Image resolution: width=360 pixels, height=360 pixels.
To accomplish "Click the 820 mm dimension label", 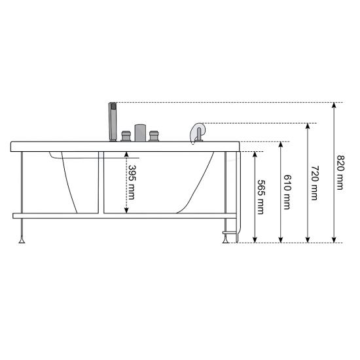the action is pyautogui.click(x=340, y=172).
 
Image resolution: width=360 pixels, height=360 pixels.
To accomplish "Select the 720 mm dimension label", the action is pyautogui.click(x=315, y=183).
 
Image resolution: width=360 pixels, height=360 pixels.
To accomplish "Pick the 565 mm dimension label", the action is pyautogui.click(x=261, y=197).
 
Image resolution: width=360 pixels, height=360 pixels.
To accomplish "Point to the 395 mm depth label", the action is pyautogui.click(x=132, y=183).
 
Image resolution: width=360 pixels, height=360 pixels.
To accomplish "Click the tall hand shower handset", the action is pyautogui.click(x=113, y=122).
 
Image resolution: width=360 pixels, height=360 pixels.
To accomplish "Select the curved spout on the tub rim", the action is pyautogui.click(x=197, y=133).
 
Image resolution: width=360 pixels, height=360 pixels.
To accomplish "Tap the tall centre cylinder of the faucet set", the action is pyautogui.click(x=140, y=133).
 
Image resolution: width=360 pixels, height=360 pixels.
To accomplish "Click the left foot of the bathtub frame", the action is pyautogui.click(x=22, y=240).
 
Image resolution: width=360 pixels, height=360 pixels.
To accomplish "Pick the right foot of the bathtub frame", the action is pyautogui.click(x=225, y=240).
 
